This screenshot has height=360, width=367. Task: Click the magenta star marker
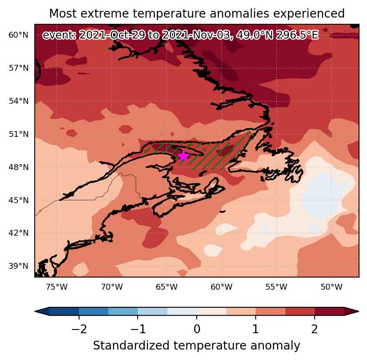(x=183, y=156)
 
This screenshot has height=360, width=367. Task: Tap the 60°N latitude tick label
(x=18, y=35)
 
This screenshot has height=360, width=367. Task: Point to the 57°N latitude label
(x=18, y=68)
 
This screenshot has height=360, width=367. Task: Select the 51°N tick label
(x=18, y=134)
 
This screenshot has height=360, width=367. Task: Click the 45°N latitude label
(x=18, y=201)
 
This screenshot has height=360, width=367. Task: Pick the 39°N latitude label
(x=18, y=266)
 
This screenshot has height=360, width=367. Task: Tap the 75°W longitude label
(x=57, y=287)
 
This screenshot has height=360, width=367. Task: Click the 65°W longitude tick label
(x=167, y=287)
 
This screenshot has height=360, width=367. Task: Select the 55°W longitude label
(x=277, y=287)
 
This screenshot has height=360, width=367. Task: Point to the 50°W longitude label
(x=331, y=287)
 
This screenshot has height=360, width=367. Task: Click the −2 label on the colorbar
(x=79, y=329)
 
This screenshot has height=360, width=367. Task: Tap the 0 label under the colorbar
(x=197, y=329)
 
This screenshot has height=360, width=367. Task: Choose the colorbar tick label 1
(x=256, y=329)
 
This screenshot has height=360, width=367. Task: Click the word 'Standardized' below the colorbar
(x=131, y=346)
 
